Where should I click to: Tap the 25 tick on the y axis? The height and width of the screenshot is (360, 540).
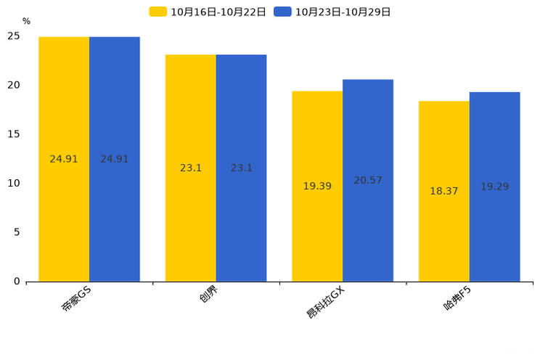click(x=15, y=36)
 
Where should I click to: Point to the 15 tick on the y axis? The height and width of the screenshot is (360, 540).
click(x=15, y=134)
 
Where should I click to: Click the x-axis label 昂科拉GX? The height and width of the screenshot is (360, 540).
click(x=326, y=302)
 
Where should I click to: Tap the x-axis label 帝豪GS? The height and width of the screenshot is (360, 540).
click(x=75, y=299)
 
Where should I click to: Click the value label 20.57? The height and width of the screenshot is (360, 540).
click(x=368, y=181)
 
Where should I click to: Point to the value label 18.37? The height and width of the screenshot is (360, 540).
click(x=444, y=192)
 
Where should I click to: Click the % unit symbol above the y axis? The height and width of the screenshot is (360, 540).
click(x=26, y=22)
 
